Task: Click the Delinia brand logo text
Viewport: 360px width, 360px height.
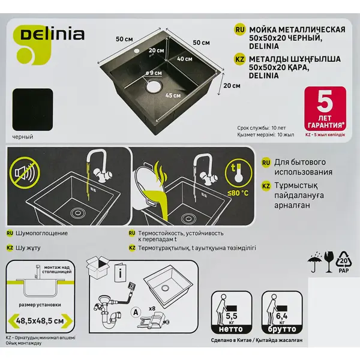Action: (52, 34)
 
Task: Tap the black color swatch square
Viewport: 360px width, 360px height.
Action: (32, 110)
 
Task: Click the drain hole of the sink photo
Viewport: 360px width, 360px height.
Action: (154, 86)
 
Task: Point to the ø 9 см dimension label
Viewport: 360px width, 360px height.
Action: (154, 73)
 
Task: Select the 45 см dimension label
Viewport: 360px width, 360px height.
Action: (173, 95)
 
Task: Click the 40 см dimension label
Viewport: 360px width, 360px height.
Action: (185, 59)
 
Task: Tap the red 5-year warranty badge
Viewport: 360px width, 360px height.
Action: (325, 109)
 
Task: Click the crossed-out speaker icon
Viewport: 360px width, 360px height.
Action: (25, 173)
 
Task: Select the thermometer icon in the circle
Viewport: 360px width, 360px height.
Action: (239, 173)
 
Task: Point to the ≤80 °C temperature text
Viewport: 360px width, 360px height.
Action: (238, 193)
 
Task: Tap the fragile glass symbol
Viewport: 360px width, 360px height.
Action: (329, 262)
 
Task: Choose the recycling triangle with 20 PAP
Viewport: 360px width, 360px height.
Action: (344, 262)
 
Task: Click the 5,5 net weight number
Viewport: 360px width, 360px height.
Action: (231, 316)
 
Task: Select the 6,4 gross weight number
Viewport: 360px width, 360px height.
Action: (282, 316)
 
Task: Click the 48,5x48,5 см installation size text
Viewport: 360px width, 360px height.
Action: (40, 321)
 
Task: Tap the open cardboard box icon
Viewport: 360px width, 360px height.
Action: (98, 267)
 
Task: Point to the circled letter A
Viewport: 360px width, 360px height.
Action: (136, 313)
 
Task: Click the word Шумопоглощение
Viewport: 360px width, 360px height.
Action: (41, 233)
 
